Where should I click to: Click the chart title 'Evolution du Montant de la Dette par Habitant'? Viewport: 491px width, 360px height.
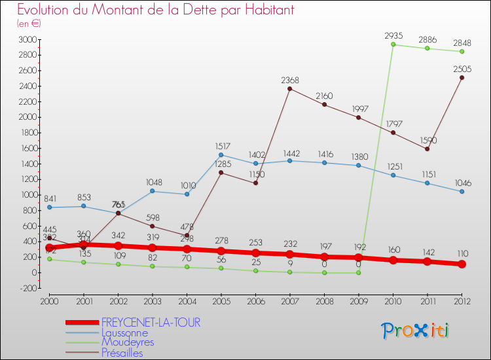[x=155, y=10]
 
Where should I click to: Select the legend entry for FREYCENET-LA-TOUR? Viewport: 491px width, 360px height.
[x=151, y=323]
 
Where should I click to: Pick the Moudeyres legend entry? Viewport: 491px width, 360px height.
[x=128, y=342]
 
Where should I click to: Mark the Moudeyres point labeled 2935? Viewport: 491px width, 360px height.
[x=393, y=45]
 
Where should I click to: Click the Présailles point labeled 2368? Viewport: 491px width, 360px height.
[x=290, y=88]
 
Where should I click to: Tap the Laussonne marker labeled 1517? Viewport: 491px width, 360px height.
[x=221, y=155]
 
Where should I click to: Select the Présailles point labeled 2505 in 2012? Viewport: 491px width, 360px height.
[x=462, y=78]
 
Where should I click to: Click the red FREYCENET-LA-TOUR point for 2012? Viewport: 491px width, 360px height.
[x=462, y=264]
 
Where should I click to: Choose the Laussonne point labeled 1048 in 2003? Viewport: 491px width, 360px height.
[x=152, y=191]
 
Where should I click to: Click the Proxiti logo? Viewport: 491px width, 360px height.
[x=416, y=331]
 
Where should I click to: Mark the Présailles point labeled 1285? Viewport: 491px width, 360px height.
[x=221, y=173]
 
